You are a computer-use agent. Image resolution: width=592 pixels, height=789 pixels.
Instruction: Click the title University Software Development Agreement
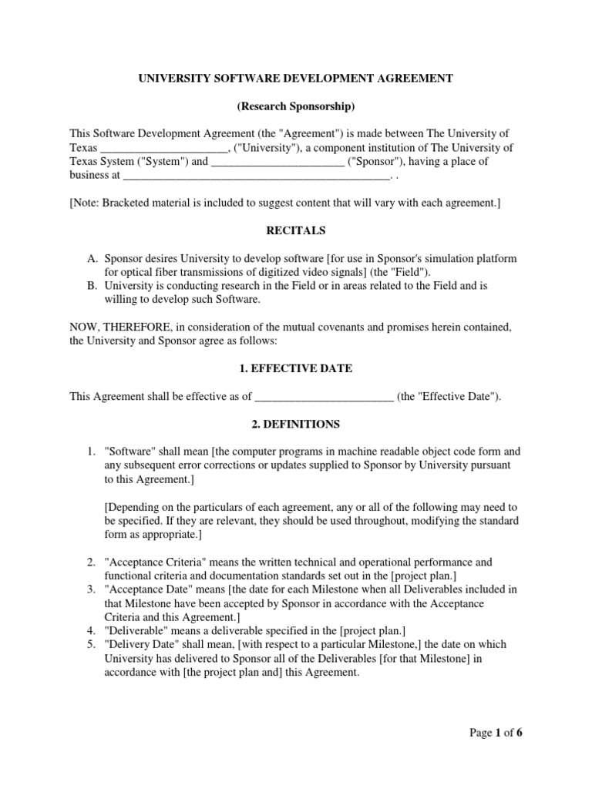[295, 78]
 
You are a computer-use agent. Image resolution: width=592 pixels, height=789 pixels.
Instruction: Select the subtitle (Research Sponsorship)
[295, 106]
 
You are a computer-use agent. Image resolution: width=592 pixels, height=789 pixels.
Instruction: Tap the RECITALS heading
[295, 230]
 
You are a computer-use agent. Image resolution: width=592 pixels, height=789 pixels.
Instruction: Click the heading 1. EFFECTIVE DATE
[295, 368]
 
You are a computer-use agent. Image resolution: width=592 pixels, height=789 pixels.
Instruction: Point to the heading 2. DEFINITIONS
[295, 424]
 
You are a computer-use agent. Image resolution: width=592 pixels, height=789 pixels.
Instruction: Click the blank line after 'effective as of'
[324, 398]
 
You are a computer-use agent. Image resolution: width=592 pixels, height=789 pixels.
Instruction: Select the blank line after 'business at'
[257, 176]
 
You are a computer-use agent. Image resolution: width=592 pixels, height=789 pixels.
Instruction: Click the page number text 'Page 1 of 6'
[496, 733]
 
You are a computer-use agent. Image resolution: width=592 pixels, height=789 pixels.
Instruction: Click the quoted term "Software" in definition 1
[128, 452]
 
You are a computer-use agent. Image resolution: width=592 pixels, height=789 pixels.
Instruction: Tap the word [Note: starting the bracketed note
[85, 203]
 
